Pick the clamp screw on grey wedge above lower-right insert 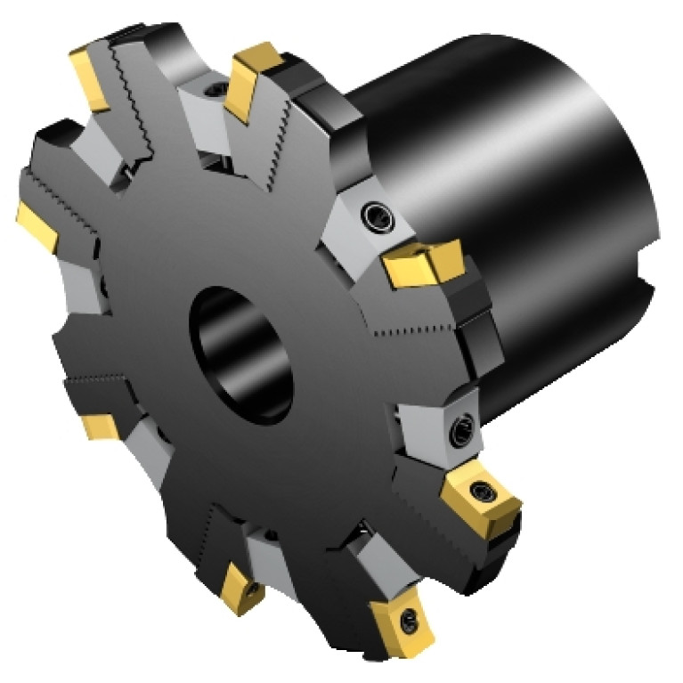461,433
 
